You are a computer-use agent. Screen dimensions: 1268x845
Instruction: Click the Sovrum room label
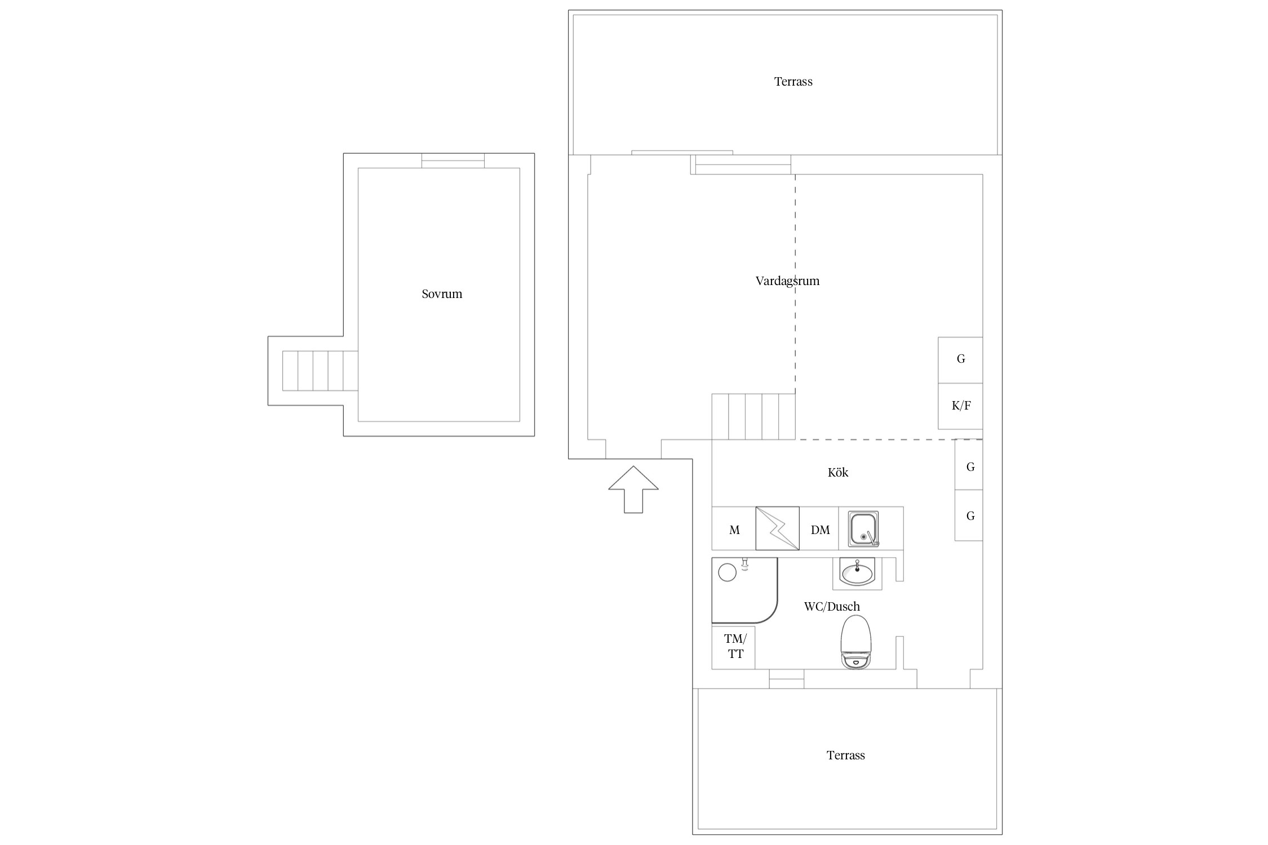(442, 294)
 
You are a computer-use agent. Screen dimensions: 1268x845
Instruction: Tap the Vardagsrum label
(787, 281)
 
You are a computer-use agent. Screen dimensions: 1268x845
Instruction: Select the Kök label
(838, 473)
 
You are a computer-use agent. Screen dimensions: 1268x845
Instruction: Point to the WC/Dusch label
(832, 607)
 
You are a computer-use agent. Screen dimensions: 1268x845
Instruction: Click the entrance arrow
(633, 489)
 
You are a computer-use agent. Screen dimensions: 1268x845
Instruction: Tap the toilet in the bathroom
(856, 642)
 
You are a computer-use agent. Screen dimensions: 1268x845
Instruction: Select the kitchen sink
(864, 529)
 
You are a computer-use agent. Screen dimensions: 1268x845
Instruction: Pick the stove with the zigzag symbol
(777, 528)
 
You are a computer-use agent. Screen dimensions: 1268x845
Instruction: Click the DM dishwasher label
(820, 530)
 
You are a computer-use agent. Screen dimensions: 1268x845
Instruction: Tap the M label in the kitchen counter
(734, 530)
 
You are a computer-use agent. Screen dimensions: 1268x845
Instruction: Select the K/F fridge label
(961, 406)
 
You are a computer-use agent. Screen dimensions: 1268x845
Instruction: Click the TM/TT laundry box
(733, 647)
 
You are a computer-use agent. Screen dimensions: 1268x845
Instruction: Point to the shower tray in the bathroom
(744, 590)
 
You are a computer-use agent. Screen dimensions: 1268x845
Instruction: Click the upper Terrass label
(793, 82)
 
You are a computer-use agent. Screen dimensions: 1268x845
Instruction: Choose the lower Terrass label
(845, 755)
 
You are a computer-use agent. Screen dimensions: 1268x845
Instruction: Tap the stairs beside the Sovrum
(320, 371)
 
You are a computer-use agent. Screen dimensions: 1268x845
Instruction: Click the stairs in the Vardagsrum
(753, 416)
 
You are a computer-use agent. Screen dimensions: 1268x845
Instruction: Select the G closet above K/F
(960, 360)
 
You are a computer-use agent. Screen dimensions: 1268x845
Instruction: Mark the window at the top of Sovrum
(453, 161)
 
